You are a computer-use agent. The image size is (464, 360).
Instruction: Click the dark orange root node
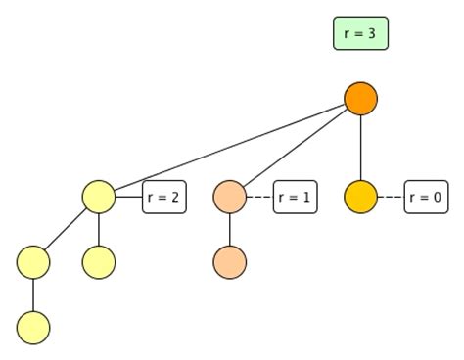[360, 98]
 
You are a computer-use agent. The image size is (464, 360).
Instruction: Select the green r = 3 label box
[360, 33]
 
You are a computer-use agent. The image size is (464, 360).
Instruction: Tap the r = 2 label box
[164, 197]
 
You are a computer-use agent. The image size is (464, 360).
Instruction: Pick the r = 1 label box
[295, 197]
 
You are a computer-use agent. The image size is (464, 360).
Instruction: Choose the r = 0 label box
[426, 197]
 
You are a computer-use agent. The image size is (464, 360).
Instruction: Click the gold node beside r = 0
[360, 197]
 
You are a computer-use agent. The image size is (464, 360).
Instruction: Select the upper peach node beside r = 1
[229, 197]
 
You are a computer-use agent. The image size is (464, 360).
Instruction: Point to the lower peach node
[229, 262]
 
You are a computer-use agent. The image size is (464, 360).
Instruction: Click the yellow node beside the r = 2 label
[99, 197]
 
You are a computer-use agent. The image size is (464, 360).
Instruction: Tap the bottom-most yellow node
[33, 327]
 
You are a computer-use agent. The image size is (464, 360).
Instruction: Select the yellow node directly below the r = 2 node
[99, 262]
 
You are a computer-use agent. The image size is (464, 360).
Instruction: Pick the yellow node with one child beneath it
[33, 262]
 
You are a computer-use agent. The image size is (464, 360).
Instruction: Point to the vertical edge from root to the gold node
[360, 147]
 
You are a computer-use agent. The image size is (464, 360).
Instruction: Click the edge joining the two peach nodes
[229, 230]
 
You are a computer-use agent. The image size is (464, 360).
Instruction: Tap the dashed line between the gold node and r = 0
[390, 197]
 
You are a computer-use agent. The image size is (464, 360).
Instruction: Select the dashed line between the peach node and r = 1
[258, 197]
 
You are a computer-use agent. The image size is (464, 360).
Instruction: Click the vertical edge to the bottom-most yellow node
[33, 294]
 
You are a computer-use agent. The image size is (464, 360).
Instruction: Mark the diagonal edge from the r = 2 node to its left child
[67, 229]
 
